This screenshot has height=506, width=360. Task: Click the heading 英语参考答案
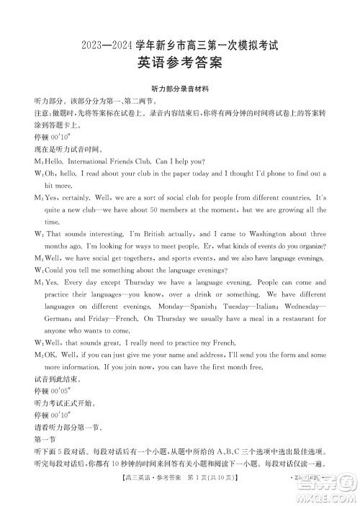(179, 64)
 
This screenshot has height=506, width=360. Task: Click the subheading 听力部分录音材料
(179, 89)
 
